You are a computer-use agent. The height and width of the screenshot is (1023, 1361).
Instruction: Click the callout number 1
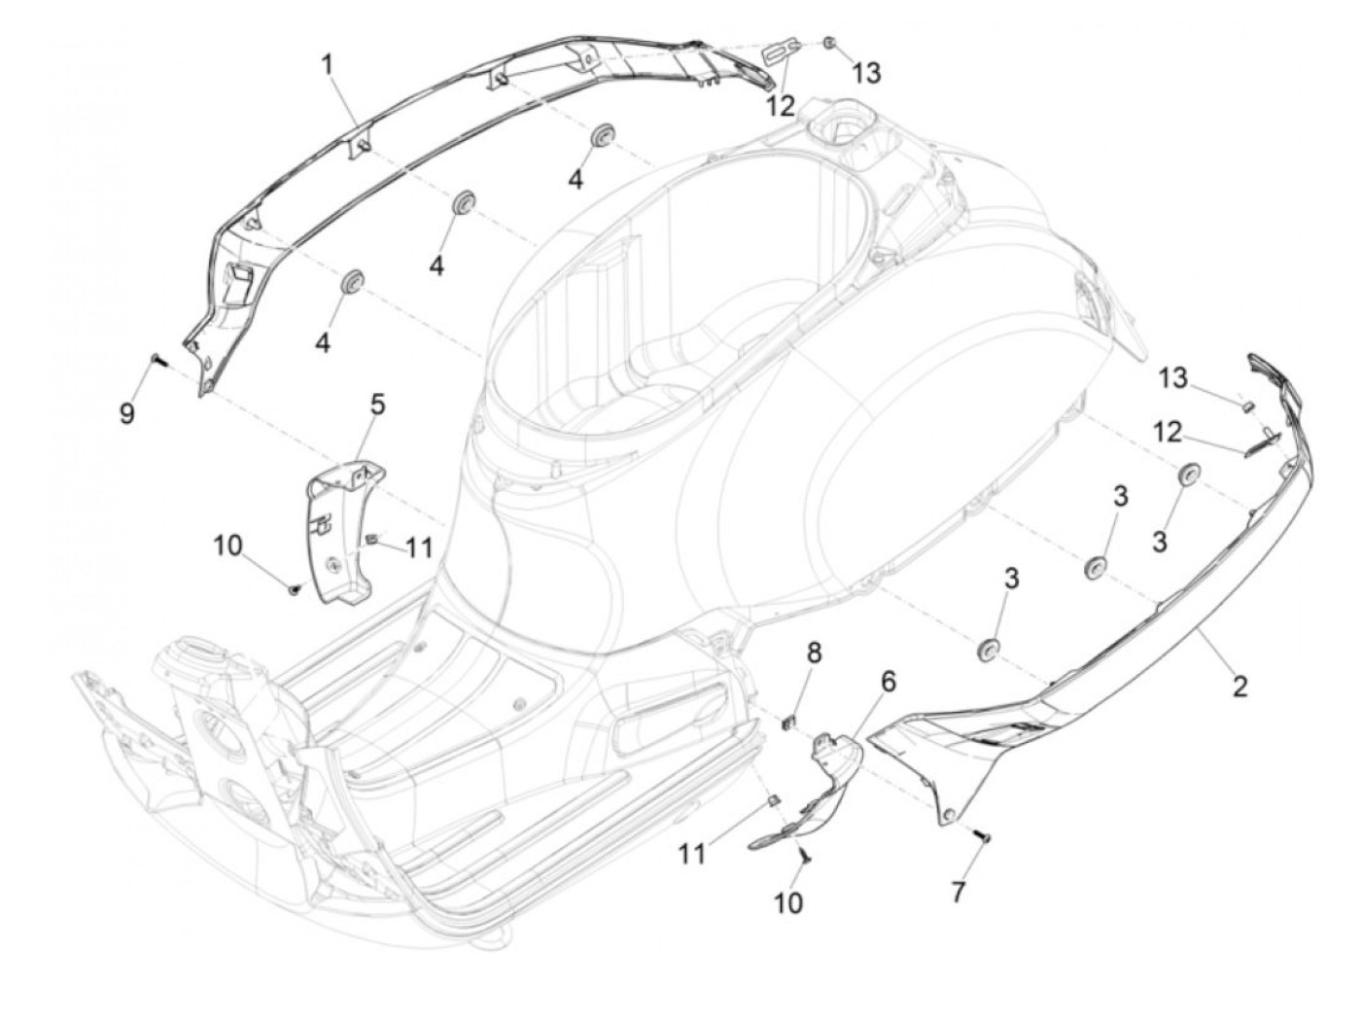(328, 65)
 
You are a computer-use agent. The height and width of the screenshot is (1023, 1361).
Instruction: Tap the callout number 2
(1239, 687)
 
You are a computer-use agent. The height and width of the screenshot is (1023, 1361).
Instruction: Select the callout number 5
(376, 404)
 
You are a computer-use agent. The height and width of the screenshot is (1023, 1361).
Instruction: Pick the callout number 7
(959, 892)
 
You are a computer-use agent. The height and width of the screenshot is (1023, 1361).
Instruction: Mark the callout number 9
(127, 413)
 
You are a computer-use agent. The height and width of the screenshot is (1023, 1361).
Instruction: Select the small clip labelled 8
(791, 721)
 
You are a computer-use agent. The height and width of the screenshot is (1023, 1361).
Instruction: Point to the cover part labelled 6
(826, 778)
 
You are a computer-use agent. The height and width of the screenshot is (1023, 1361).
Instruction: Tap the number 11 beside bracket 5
(418, 548)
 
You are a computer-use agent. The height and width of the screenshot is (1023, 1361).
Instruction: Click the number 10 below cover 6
(788, 902)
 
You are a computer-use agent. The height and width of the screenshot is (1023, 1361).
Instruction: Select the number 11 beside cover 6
(691, 854)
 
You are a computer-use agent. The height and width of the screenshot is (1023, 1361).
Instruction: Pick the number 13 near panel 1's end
(866, 72)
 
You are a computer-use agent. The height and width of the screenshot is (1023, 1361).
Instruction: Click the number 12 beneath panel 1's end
(780, 105)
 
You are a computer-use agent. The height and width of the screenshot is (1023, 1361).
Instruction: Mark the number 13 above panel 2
(1174, 377)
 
